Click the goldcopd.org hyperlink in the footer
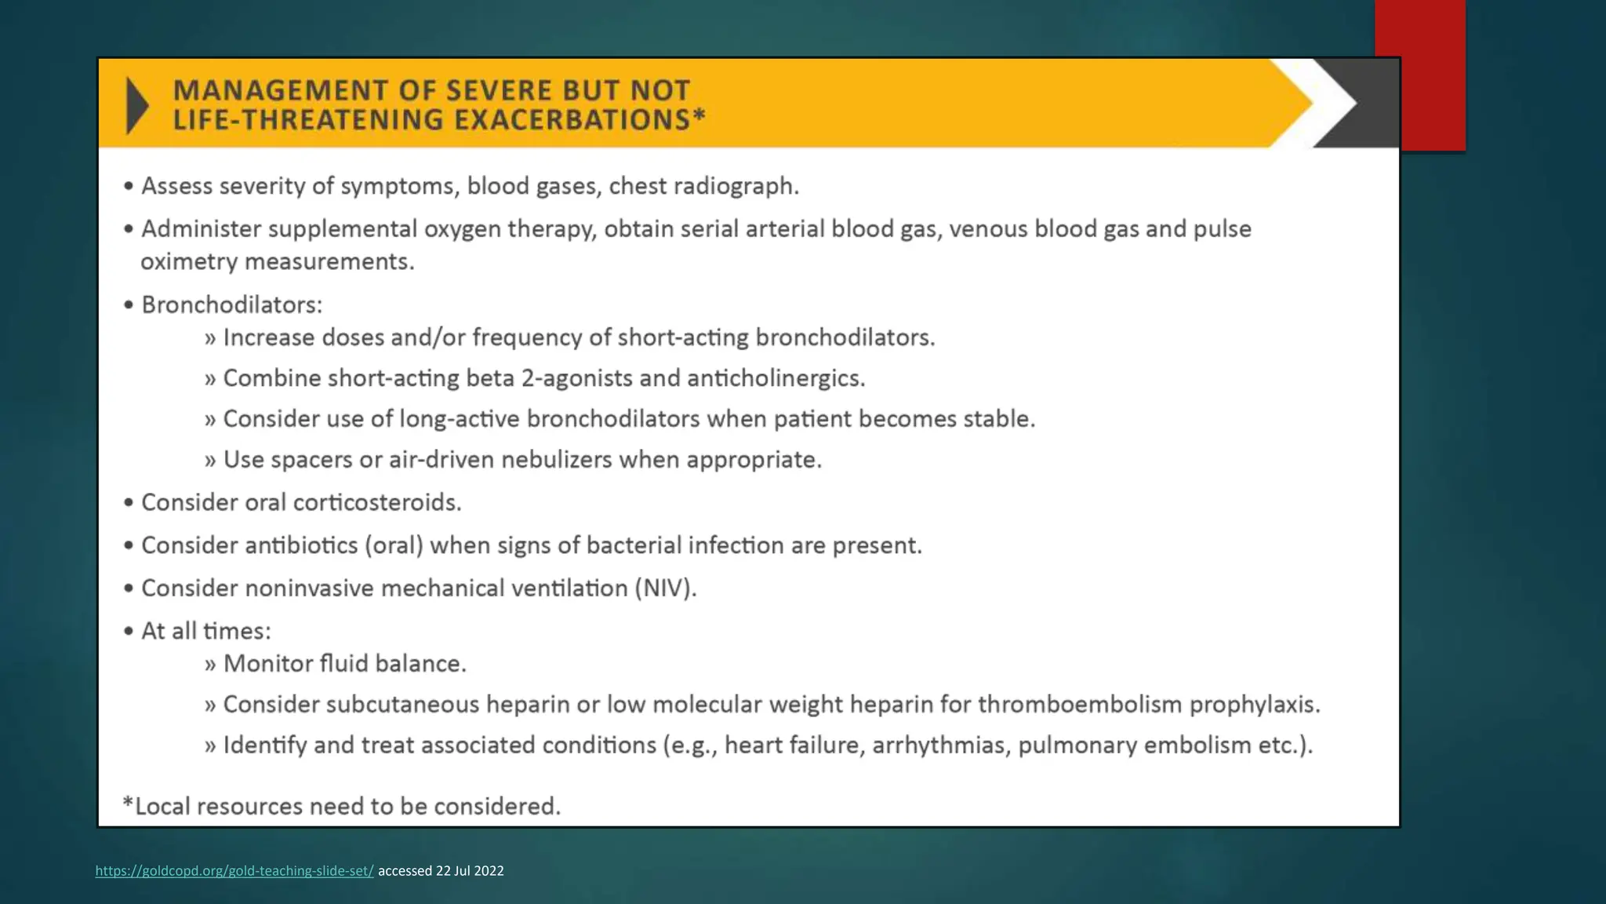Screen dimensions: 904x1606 coord(234,870)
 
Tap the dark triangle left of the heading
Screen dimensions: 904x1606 coord(136,105)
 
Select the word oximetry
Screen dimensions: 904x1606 coord(188,261)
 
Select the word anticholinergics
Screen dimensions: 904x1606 coord(776,378)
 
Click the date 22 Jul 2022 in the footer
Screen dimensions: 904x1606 coord(470,870)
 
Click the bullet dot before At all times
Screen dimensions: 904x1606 coord(129,631)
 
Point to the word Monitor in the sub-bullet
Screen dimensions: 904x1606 coord(269,664)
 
